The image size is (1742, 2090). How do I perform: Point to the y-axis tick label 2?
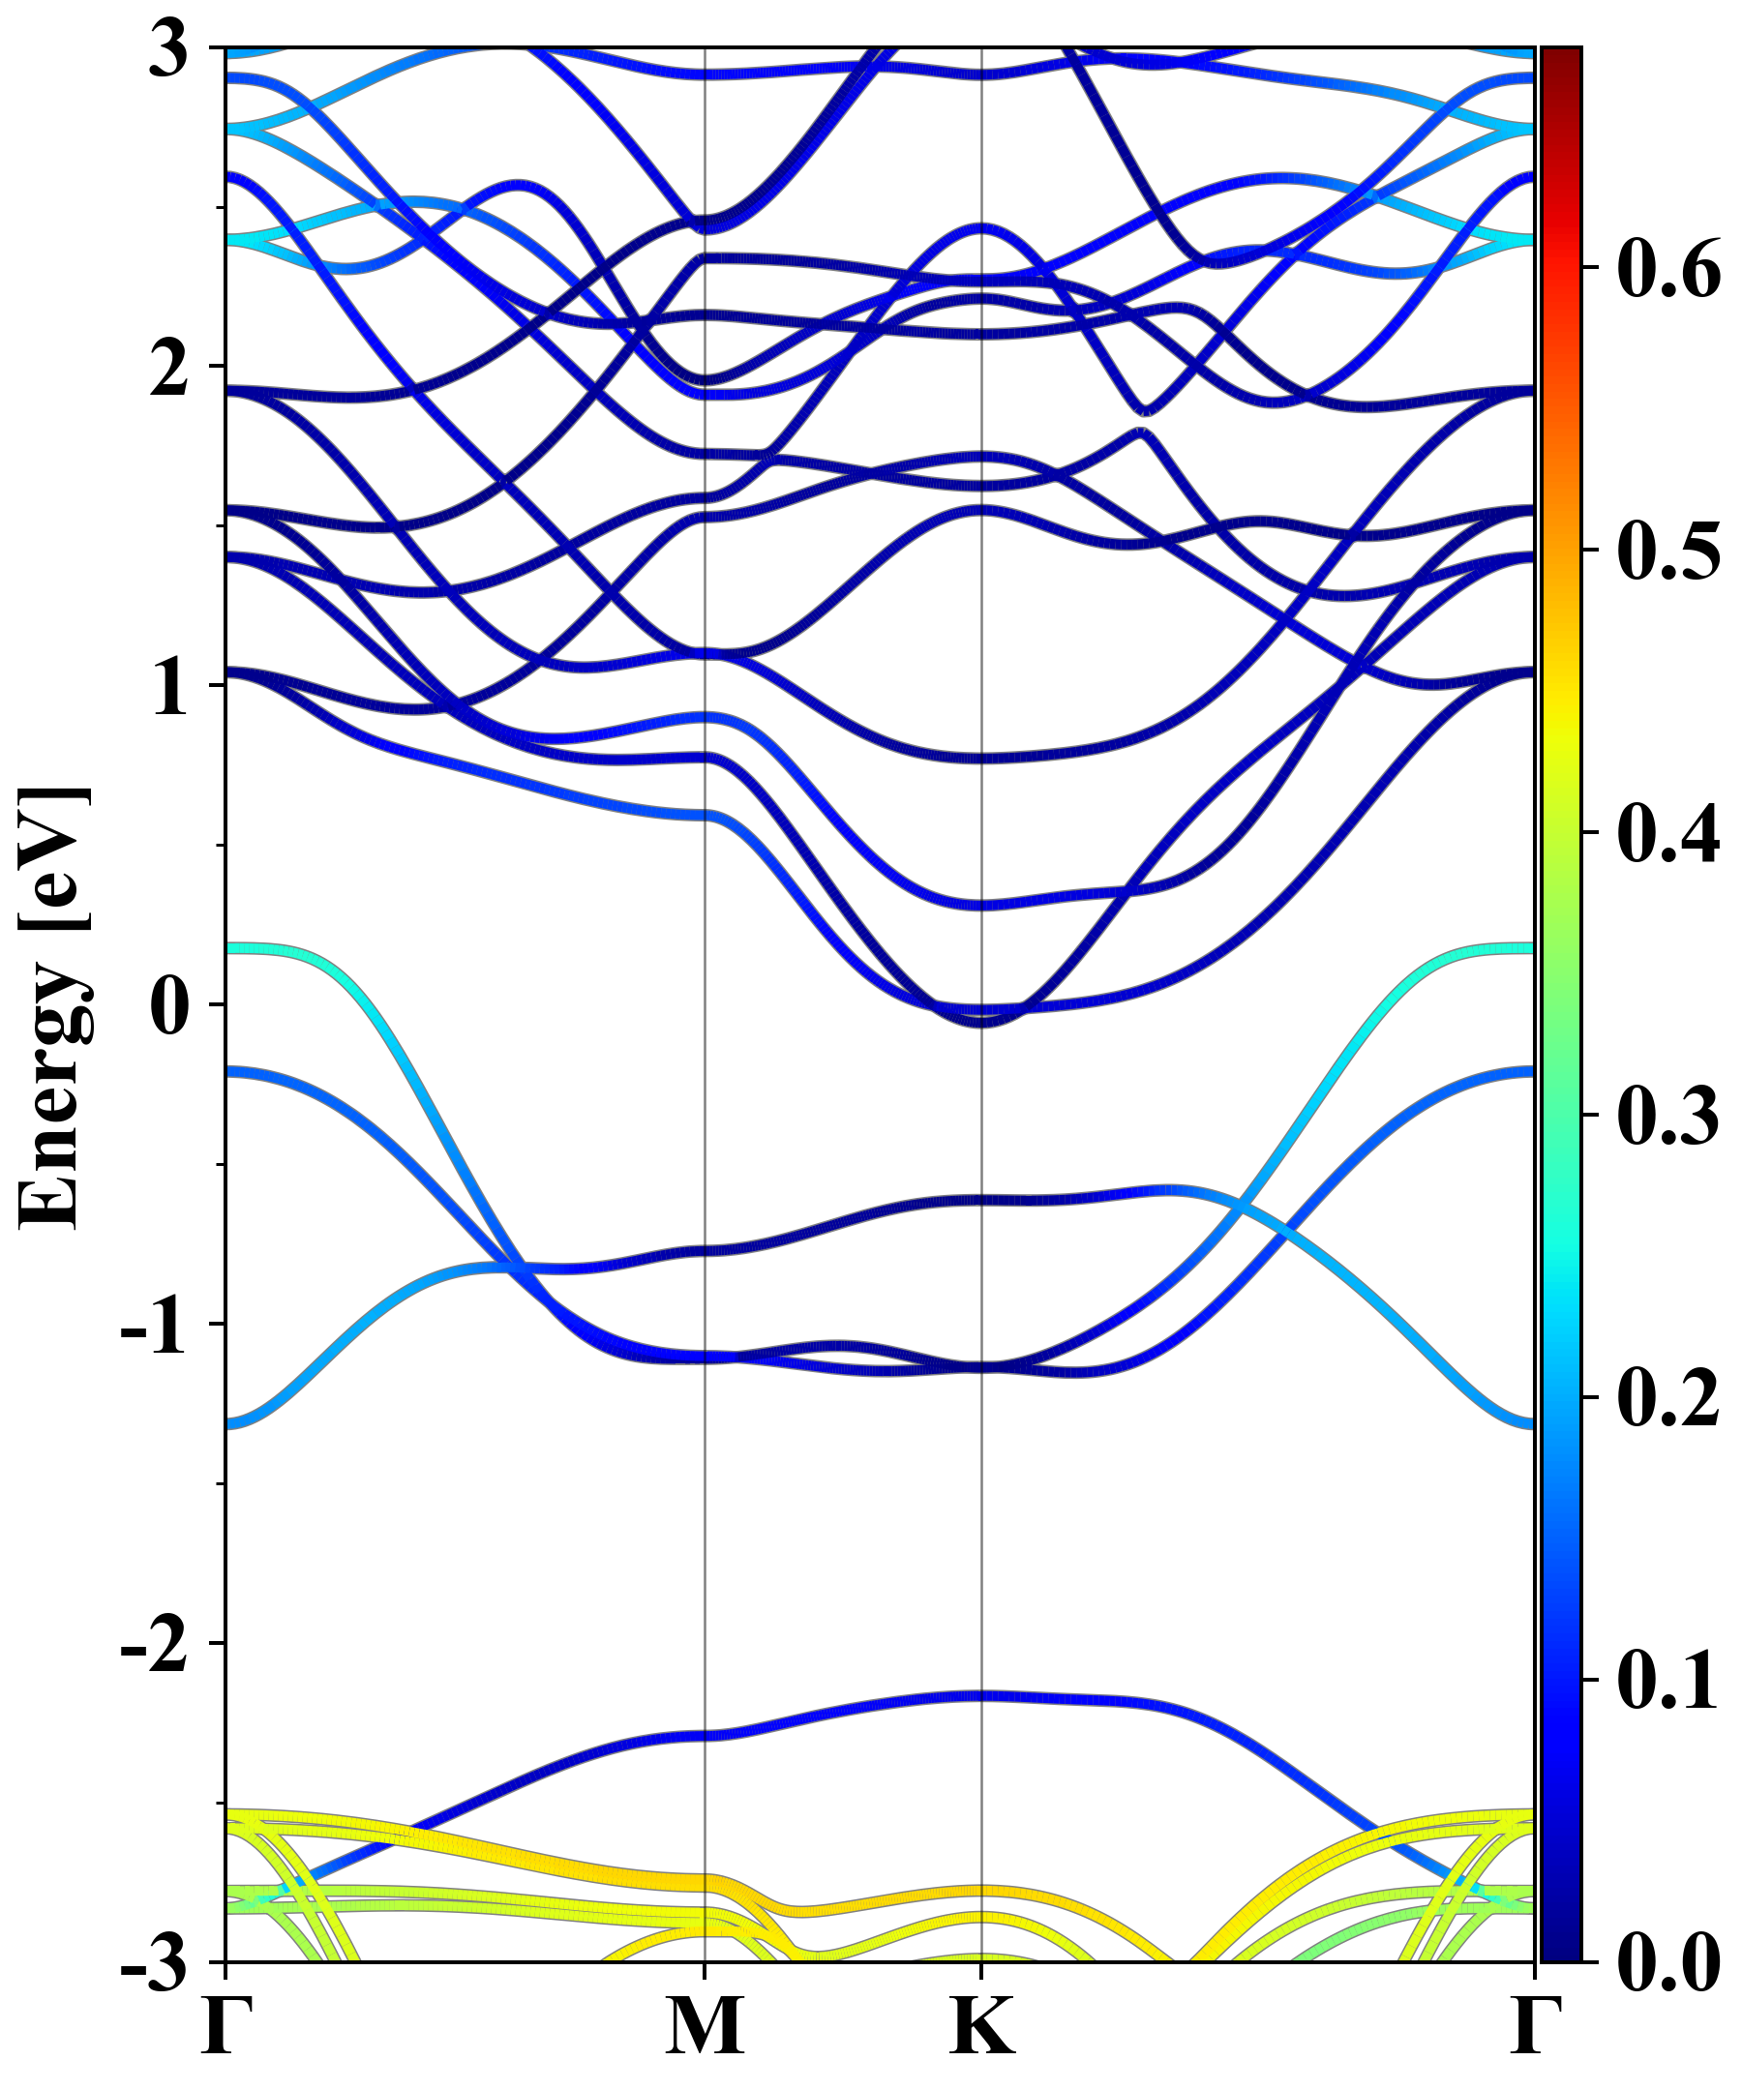pos(168,368)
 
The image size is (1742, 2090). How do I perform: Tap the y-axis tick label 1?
pos(168,687)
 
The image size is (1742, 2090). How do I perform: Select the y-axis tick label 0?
pos(168,1005)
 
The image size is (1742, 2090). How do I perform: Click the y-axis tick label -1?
pos(154,1325)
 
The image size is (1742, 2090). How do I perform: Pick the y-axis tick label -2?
pos(154,1644)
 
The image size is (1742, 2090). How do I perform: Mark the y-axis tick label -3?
pos(154,1962)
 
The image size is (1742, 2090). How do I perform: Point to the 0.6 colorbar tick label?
pos(1667,268)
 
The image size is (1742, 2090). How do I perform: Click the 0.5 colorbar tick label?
pos(1667,551)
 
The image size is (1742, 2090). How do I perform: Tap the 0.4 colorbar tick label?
pos(1667,833)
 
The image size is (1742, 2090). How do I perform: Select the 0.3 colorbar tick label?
pos(1667,1115)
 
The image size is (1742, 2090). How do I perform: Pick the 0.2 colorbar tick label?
pos(1667,1397)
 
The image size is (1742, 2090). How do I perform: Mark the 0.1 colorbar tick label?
pos(1667,1680)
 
